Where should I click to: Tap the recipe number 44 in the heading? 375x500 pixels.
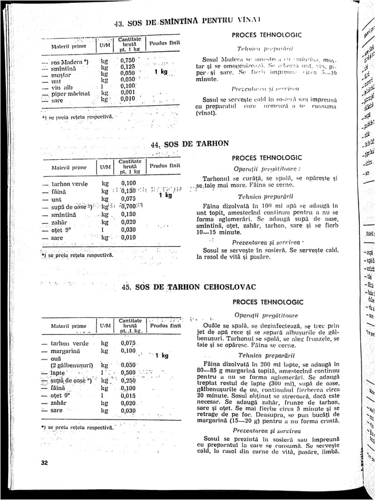pyautogui.click(x=155, y=144)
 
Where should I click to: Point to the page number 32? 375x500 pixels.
pyautogui.click(x=44, y=462)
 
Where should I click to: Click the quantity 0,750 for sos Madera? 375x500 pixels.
pyautogui.click(x=127, y=61)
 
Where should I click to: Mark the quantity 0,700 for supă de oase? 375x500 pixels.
pyautogui.click(x=128, y=206)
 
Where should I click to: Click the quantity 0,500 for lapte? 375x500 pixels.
pyautogui.click(x=128, y=373)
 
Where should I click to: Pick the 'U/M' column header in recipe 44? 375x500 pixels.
pyautogui.click(x=105, y=167)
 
